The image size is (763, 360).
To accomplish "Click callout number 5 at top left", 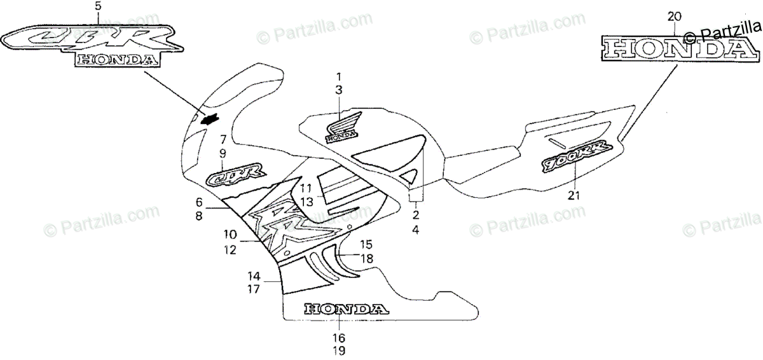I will [97, 6].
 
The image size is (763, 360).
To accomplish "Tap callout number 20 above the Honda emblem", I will [675, 16].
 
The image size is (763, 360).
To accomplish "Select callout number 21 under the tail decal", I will [574, 195].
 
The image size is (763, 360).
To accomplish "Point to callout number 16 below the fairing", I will [339, 337].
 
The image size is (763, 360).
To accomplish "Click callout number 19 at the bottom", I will [339, 349].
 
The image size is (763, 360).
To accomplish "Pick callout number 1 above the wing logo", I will [339, 76].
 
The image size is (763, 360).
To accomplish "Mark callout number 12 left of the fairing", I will [230, 251].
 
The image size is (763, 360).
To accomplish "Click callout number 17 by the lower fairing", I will [254, 289].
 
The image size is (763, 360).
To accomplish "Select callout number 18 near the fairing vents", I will [367, 258].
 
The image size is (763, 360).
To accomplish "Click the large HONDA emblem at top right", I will [675, 49].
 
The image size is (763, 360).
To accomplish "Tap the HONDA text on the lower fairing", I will [345, 309].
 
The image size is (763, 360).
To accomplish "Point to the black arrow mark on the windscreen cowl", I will [210, 119].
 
